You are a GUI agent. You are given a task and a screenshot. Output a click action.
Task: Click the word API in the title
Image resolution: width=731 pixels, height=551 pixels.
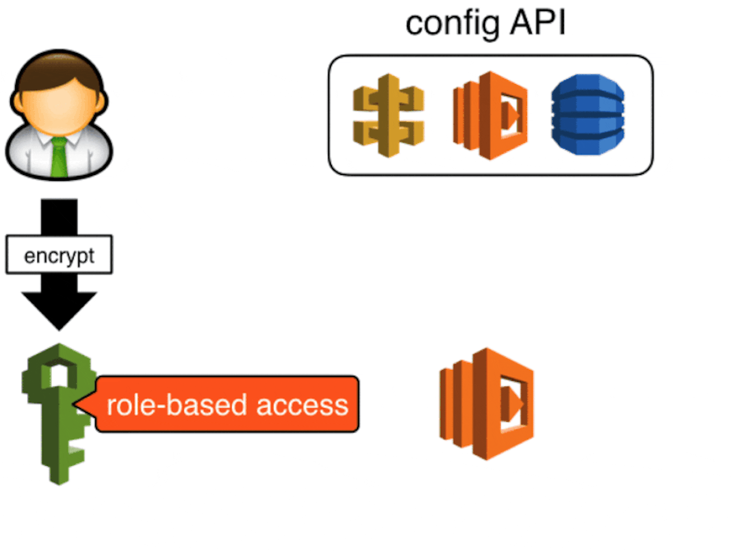click(538, 23)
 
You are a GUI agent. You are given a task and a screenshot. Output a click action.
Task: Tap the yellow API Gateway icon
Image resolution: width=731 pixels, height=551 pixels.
click(388, 115)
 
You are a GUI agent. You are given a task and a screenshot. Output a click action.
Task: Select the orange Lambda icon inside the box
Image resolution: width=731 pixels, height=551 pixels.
click(490, 115)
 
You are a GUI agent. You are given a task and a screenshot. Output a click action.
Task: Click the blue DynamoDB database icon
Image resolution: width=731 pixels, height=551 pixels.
click(588, 115)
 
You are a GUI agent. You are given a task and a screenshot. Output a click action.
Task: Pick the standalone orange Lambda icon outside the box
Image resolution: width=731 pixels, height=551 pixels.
click(487, 404)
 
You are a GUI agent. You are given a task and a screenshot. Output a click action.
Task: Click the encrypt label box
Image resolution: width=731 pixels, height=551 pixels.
click(59, 255)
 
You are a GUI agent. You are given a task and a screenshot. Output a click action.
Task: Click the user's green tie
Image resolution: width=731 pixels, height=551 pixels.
click(59, 157)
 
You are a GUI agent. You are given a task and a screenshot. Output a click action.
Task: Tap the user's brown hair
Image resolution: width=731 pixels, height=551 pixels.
click(59, 72)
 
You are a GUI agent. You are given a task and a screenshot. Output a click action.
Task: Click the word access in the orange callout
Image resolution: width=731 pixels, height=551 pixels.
click(302, 405)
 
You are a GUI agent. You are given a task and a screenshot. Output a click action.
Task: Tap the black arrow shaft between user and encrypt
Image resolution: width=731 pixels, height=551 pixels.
click(59, 216)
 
